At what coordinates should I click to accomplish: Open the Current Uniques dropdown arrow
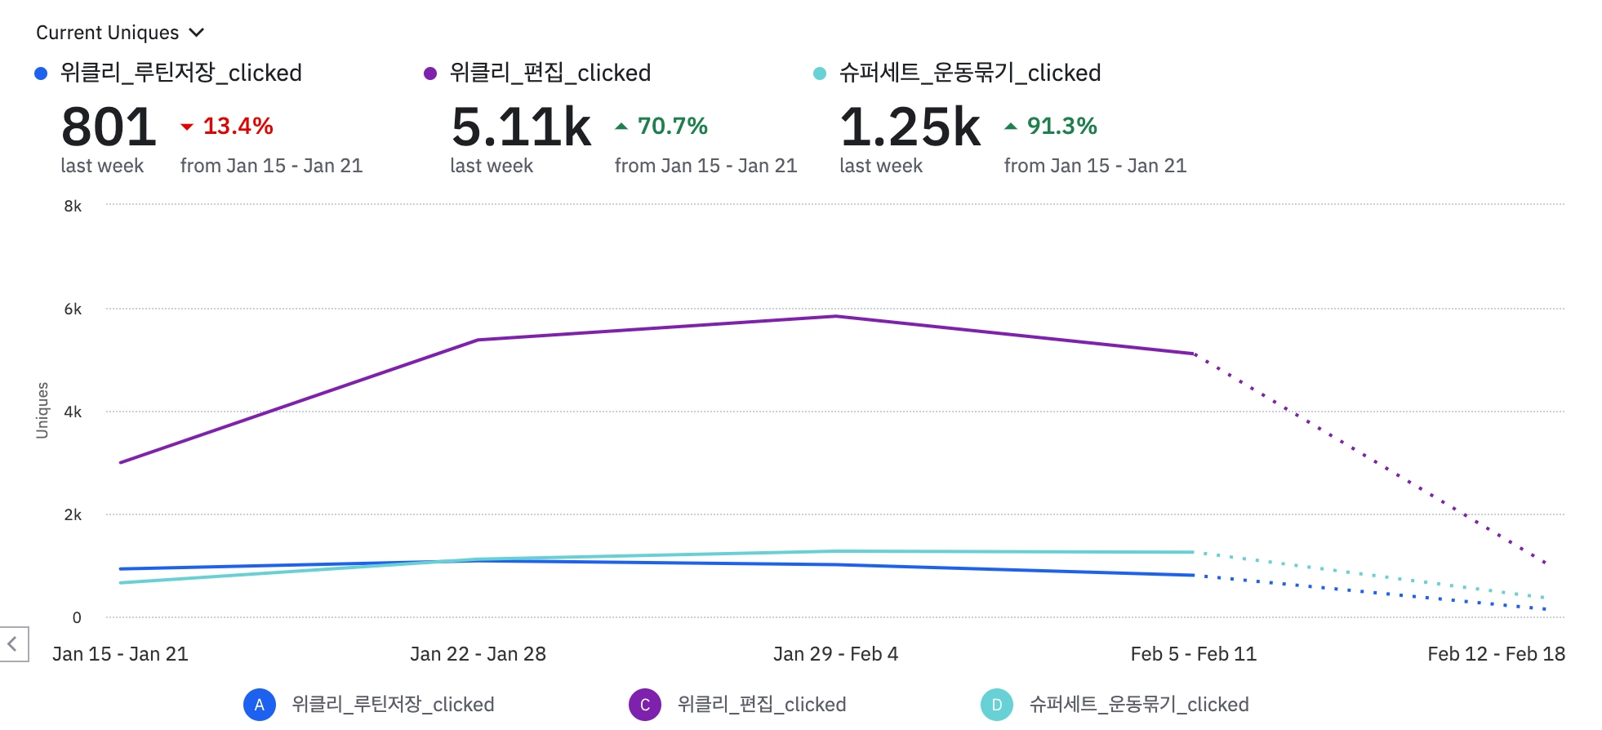[x=196, y=33]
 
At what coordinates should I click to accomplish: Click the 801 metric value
[x=109, y=128]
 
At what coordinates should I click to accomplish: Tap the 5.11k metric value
[x=521, y=128]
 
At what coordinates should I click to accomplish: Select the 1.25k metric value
[x=910, y=128]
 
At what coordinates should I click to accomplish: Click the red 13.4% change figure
[x=238, y=127]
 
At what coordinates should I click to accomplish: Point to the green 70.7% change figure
[x=672, y=127]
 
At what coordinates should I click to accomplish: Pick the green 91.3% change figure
[x=1061, y=127]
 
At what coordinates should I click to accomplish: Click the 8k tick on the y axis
[x=73, y=207]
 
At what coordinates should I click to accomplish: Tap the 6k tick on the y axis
[x=73, y=309]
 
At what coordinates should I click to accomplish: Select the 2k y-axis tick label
[x=73, y=515]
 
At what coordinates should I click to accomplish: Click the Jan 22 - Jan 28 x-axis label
[x=478, y=654]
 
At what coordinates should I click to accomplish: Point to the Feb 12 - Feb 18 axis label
[x=1496, y=654]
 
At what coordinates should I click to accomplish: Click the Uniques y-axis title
[x=42, y=410]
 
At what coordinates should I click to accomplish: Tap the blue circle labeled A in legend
[x=259, y=705]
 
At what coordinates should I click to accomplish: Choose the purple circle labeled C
[x=644, y=705]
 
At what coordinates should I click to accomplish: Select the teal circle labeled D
[x=996, y=705]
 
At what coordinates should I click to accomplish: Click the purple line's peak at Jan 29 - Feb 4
[x=835, y=316]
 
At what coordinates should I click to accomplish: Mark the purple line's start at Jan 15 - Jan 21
[x=121, y=463]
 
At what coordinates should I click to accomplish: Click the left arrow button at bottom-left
[x=13, y=644]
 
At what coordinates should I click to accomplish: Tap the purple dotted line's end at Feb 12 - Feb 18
[x=1545, y=563]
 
